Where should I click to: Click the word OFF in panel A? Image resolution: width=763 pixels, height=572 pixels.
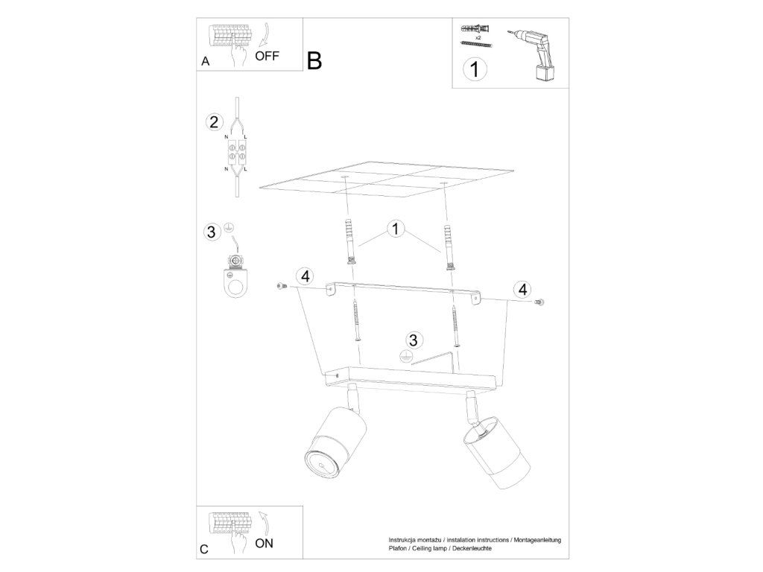[x=267, y=56]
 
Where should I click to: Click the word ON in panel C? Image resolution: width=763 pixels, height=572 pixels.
[x=265, y=543]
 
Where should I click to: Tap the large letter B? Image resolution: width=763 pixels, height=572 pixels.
[x=315, y=61]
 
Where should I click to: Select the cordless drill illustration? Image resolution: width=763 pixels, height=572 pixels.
[x=534, y=54]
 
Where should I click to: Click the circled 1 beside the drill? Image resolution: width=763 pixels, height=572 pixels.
[x=474, y=69]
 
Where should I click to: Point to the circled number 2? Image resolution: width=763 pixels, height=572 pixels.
[x=214, y=122]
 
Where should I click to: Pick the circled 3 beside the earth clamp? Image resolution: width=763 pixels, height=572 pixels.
[x=211, y=232]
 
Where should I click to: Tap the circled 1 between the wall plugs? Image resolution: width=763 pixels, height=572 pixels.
[x=396, y=229]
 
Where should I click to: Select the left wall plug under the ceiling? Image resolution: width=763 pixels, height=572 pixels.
[x=349, y=241]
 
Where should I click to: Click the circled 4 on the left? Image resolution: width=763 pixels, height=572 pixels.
[x=305, y=277]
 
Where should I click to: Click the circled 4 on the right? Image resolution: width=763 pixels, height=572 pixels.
[x=522, y=290]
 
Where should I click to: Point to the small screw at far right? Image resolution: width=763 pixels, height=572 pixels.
[x=539, y=302]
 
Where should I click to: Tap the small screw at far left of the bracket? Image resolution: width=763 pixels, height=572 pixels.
[x=280, y=287]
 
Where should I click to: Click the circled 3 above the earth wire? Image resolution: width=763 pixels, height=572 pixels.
[x=413, y=340]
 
